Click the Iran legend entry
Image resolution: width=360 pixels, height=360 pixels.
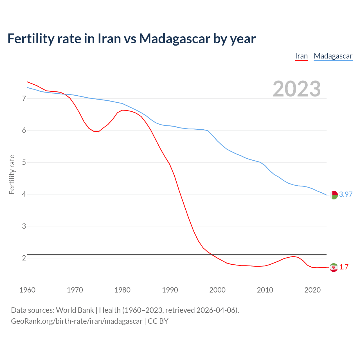coord(301,56)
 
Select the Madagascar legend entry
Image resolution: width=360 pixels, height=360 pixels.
coord(333,56)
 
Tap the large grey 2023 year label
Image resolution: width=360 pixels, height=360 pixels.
coord(297,89)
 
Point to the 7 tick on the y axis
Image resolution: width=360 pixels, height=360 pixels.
coord(24,98)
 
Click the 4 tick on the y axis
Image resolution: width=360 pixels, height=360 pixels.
coord(24,194)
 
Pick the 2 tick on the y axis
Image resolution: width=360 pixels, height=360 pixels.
coord(24,258)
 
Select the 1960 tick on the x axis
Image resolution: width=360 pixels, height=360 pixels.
coord(27,290)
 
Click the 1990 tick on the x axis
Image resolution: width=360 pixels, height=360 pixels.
coord(170,290)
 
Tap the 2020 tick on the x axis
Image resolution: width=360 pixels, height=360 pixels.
coord(312,290)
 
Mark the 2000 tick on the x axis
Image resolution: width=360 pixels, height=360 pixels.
coord(217,290)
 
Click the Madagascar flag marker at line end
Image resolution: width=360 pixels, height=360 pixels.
coord(334,195)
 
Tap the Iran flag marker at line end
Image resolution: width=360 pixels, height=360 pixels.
coord(334,267)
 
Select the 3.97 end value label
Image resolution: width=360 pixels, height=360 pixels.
coord(346,195)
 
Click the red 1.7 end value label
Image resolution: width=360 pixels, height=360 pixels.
coord(344,267)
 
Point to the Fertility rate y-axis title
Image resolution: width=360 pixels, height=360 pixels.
coord(12,174)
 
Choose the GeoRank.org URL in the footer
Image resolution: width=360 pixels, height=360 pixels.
coord(76,321)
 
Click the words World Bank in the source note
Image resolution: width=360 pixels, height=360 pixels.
coord(75,310)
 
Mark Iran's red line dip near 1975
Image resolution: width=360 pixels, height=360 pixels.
coord(98,132)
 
